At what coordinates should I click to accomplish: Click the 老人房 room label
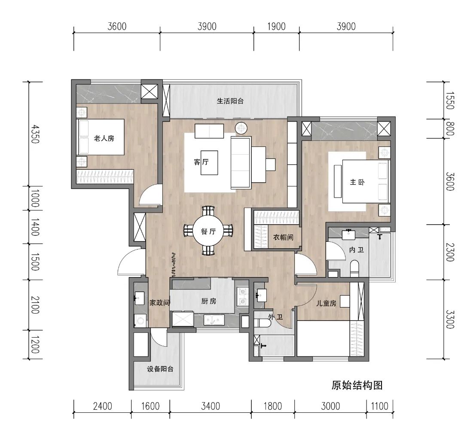coord(104,138)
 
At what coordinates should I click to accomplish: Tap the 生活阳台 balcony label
coord(230,101)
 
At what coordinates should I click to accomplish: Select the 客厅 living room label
coord(201,162)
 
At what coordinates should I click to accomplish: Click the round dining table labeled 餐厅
coord(208,231)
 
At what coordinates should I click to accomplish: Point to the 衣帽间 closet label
coord(283,237)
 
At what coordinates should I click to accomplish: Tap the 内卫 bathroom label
coord(356,249)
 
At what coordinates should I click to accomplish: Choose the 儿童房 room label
coord(326,303)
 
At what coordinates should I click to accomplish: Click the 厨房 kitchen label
coord(208,301)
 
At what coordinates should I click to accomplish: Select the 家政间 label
coord(159,303)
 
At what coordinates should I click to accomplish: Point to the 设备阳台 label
coord(160,369)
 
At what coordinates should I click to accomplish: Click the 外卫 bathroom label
coord(275,317)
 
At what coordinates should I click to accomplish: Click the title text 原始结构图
coord(357,385)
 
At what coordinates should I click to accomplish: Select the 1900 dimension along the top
coord(276,26)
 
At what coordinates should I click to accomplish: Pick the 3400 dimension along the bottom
coord(211,406)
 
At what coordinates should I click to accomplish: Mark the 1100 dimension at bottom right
coord(379,406)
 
